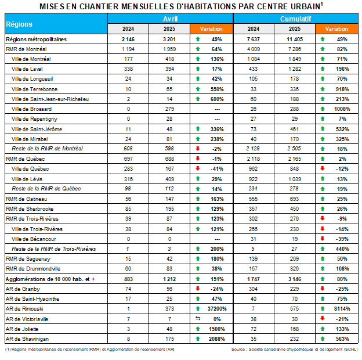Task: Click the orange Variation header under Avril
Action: tap(211, 28)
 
